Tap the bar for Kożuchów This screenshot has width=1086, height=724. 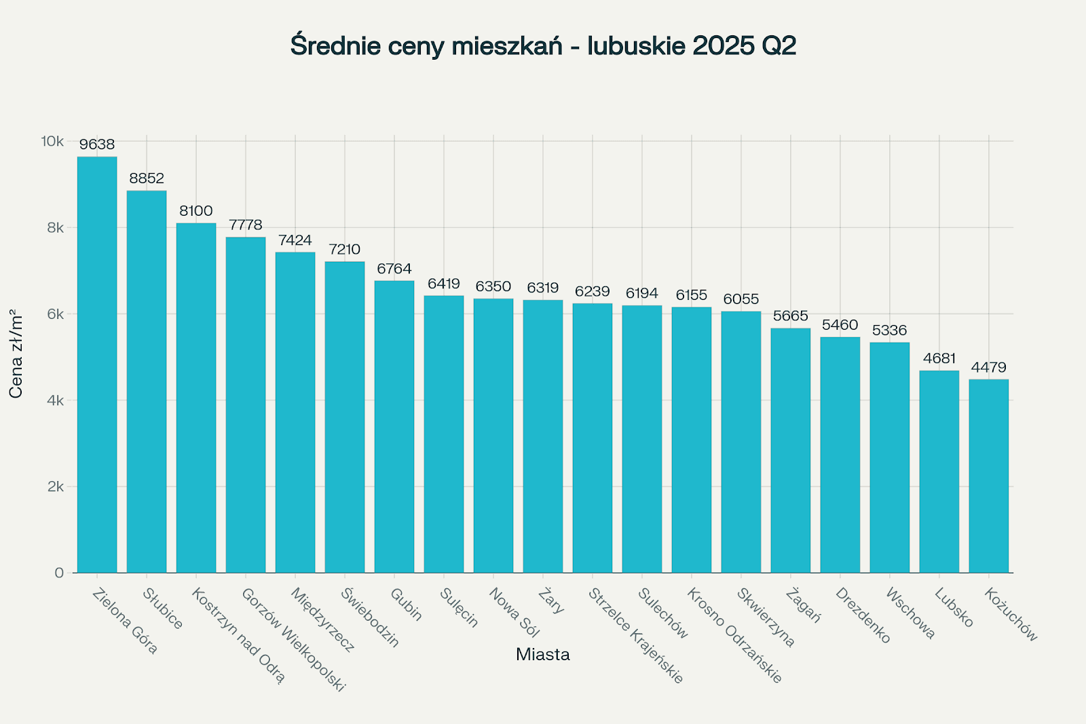click(x=988, y=476)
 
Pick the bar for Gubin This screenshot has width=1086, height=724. click(x=394, y=427)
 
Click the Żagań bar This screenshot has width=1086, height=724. click(x=790, y=451)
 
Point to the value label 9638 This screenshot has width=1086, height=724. click(x=97, y=145)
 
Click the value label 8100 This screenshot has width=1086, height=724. click(x=196, y=211)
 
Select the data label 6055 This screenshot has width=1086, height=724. click(x=741, y=299)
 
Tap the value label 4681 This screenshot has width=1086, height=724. click(x=939, y=358)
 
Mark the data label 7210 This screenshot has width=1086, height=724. click(x=345, y=250)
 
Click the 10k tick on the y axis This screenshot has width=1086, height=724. click(x=52, y=141)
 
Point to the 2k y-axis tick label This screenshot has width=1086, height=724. click(x=56, y=487)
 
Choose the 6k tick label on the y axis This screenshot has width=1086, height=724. click(x=56, y=314)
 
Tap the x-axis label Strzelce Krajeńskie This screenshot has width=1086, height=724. click(x=636, y=635)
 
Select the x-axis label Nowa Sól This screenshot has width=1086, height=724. click(x=514, y=613)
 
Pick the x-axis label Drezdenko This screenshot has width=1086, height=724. click(x=863, y=615)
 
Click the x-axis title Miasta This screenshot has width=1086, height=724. click(x=543, y=655)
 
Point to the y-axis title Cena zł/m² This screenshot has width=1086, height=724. click(x=16, y=353)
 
